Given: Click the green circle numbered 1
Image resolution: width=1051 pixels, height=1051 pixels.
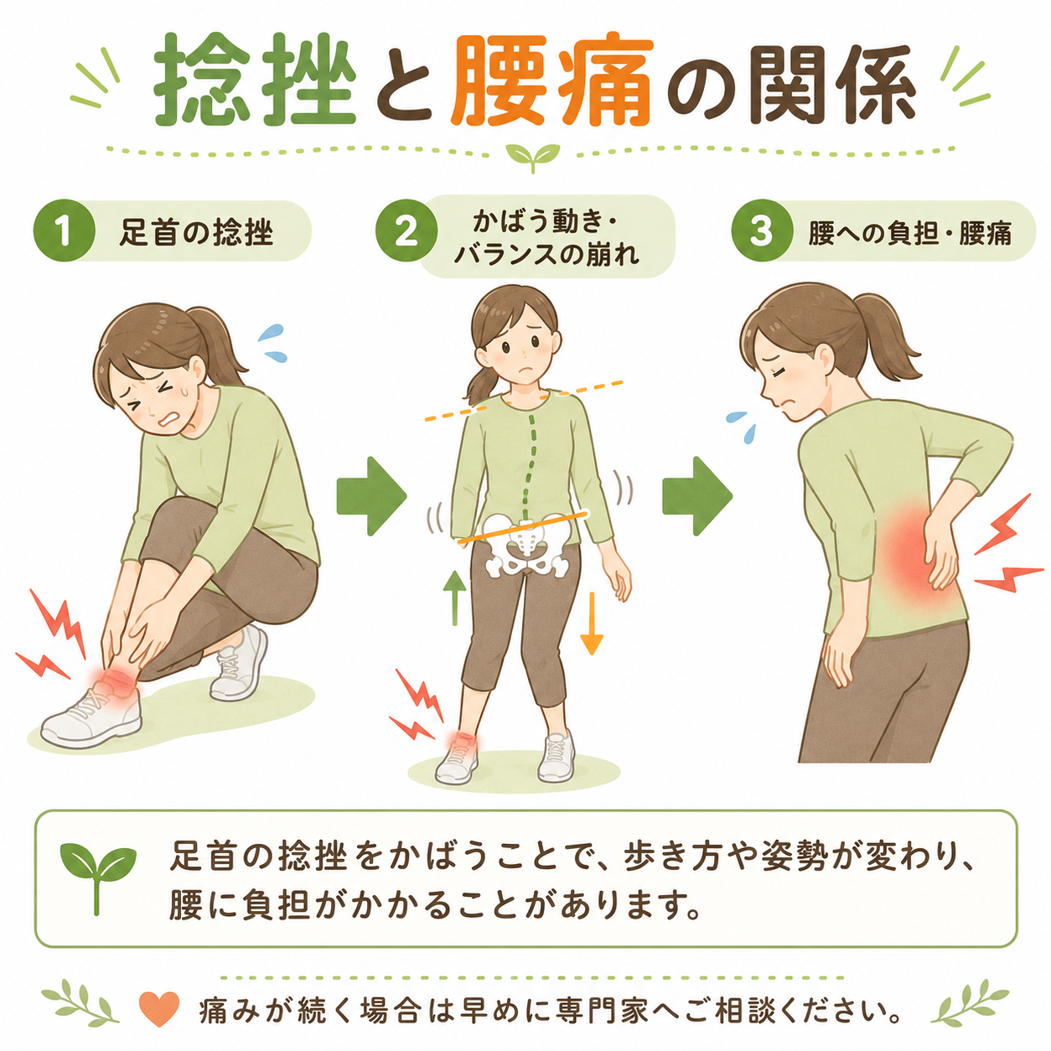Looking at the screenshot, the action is (x=65, y=230).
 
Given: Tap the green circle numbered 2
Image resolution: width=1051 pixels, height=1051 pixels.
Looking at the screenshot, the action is (x=406, y=230).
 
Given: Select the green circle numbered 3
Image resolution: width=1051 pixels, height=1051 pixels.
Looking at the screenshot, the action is (x=761, y=230).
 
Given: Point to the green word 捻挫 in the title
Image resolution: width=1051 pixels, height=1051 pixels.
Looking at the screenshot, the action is (x=255, y=82).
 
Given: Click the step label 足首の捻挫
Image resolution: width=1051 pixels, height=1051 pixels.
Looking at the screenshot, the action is (x=196, y=233).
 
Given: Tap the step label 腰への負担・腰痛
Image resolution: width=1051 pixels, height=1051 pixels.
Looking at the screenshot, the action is (x=909, y=233).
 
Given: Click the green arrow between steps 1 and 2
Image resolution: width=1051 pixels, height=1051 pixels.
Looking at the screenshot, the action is (x=371, y=496).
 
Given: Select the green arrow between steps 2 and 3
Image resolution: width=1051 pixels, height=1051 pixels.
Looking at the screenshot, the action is (x=697, y=496).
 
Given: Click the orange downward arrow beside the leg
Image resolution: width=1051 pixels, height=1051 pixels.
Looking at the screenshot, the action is (x=591, y=623).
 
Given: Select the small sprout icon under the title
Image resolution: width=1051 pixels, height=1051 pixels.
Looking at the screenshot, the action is (x=533, y=157).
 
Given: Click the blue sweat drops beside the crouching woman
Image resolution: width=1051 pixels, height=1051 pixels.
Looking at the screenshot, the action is (x=272, y=343).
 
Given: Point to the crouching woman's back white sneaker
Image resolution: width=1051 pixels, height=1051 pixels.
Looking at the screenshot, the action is (x=239, y=663).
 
